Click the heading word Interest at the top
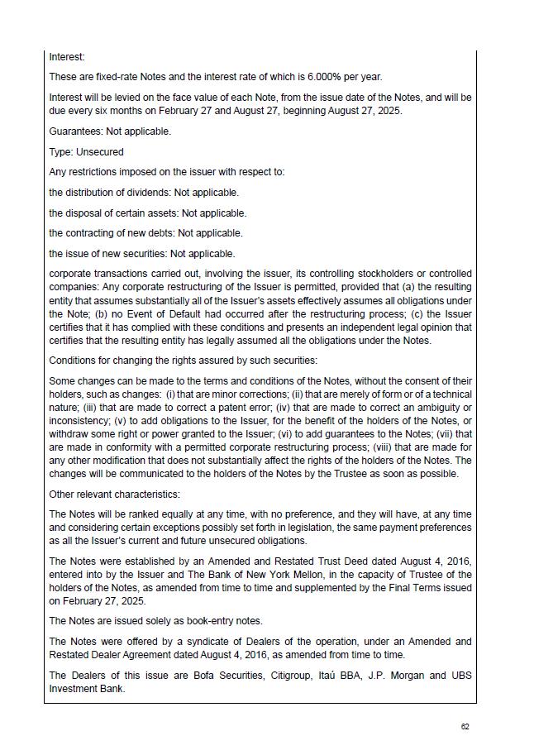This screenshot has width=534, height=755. pos(66,57)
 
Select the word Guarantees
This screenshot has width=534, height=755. pos(75,131)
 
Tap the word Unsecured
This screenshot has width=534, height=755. pos(100,152)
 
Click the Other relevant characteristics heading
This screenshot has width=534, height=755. pos(114,495)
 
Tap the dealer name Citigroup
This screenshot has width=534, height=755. pos(293,676)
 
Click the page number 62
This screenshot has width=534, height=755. pos(465,727)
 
